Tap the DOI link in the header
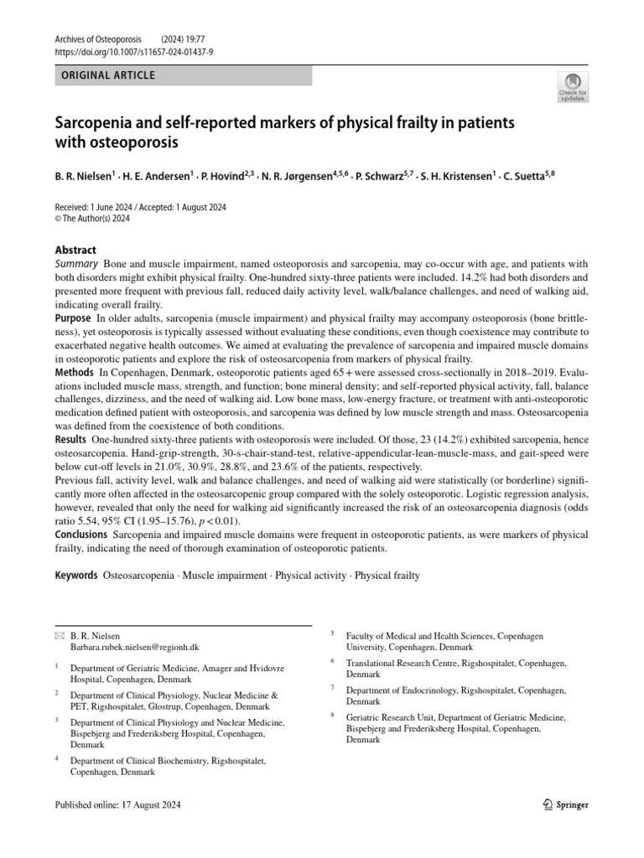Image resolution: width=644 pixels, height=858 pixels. point(133,51)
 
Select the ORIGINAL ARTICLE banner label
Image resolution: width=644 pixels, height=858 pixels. point(108,75)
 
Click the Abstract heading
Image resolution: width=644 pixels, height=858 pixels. point(75,250)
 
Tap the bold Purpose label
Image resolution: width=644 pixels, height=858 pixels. point(73,318)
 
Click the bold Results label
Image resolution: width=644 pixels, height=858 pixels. point(70,440)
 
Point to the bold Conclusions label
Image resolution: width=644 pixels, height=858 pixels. point(80,534)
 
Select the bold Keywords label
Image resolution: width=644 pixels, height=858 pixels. point(76,576)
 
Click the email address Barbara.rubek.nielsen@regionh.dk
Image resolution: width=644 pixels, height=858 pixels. point(135,648)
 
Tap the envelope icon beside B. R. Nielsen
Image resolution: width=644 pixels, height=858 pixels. point(60,636)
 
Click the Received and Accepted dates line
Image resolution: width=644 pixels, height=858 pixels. point(140,207)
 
